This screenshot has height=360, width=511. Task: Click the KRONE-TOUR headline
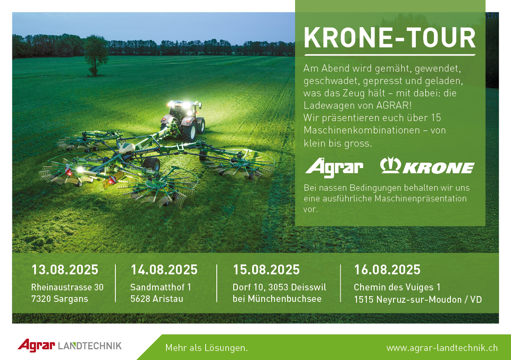pos(390,38)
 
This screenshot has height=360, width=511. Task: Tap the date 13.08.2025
pos(65,270)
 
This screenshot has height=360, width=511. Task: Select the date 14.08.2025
pos(164,270)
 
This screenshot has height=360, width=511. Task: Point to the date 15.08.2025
pos(266,270)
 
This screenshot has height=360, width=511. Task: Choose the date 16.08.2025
pos(387,270)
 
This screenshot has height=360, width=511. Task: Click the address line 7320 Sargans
pos(59,299)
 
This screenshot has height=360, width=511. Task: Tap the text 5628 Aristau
pos(157,299)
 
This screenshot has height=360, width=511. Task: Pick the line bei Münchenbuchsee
pos(277,299)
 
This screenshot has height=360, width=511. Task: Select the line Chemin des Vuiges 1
pos(397,288)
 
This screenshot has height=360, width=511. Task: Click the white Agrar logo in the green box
pos(334,168)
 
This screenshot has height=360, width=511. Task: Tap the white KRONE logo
pos(427,166)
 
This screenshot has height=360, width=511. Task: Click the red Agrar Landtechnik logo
pos(70,346)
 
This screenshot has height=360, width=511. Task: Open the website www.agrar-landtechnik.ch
pos(442,348)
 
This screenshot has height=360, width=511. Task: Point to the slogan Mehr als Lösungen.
pos(206,348)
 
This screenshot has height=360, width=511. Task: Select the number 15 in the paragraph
pos(436,118)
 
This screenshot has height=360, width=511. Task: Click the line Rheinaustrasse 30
pos(67,287)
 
